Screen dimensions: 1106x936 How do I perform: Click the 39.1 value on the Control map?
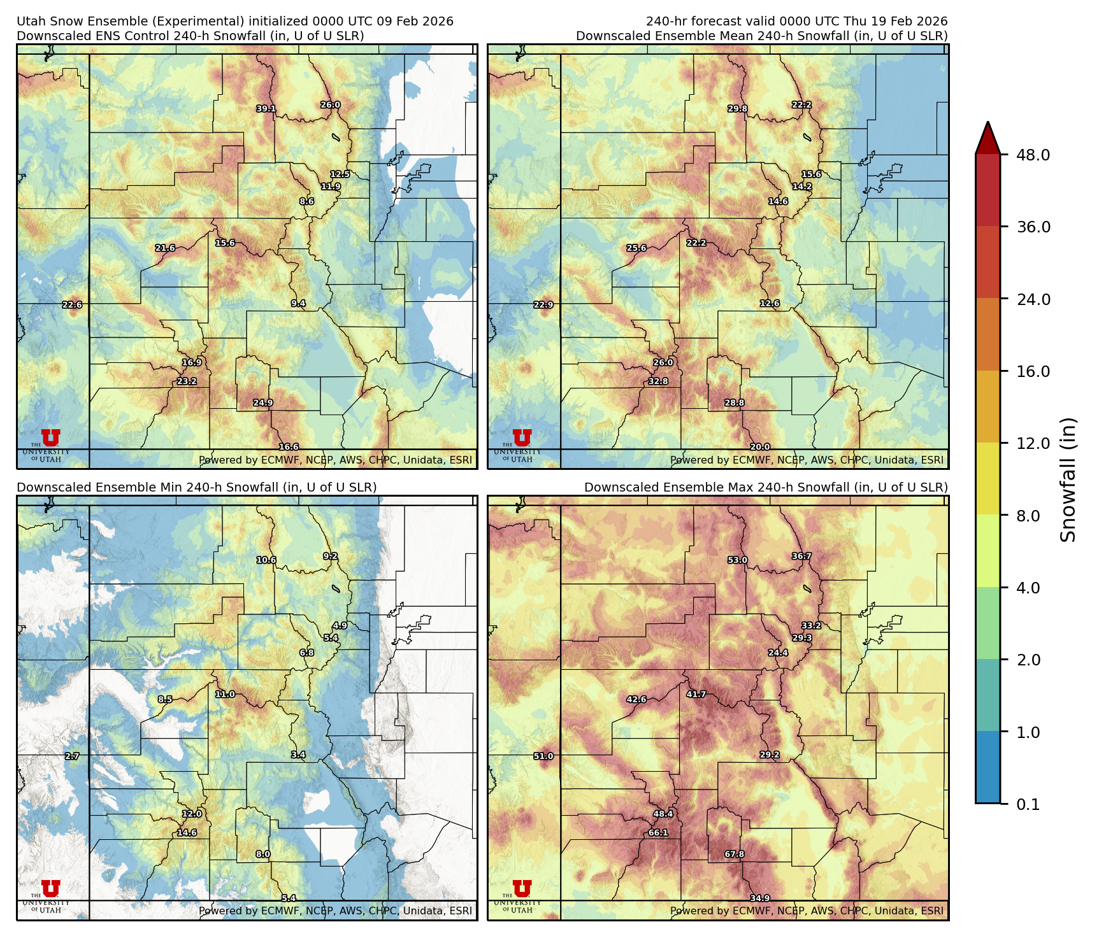pyautogui.click(x=266, y=109)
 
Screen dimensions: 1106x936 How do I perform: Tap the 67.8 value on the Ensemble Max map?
pyautogui.click(x=735, y=854)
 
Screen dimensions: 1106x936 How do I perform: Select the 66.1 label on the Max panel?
pyautogui.click(x=658, y=833)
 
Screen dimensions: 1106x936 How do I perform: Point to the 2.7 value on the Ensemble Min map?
pyautogui.click(x=72, y=756)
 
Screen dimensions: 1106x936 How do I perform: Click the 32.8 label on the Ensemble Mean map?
pyautogui.click(x=658, y=381)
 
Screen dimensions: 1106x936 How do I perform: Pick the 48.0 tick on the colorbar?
pyautogui.click(x=1033, y=155)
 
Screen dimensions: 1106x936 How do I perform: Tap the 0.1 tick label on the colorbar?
pyautogui.click(x=1028, y=805)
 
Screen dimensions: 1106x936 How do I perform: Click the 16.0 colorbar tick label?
pyautogui.click(x=1033, y=372)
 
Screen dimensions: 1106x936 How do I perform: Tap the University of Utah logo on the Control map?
pyautogui.click(x=50, y=442)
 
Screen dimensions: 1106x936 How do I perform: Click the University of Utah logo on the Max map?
pyautogui.click(x=521, y=893)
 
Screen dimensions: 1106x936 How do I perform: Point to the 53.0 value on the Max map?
pyautogui.click(x=737, y=560)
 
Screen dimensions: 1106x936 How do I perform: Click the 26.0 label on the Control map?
pyautogui.click(x=330, y=105)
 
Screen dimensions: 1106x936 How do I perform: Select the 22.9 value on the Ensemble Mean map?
pyautogui.click(x=543, y=305)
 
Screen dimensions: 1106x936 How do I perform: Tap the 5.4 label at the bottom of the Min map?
pyautogui.click(x=289, y=898)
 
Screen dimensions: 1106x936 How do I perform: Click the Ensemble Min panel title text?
pyautogui.click(x=196, y=487)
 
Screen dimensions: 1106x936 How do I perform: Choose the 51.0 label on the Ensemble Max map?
pyautogui.click(x=543, y=756)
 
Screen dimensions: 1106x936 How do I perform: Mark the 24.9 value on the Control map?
pyautogui.click(x=263, y=403)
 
